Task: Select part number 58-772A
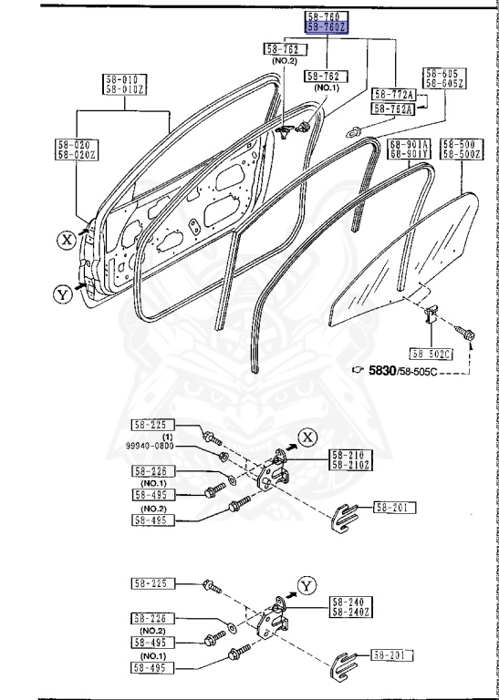click(x=394, y=94)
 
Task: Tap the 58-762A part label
click(x=394, y=109)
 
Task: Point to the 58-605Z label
click(x=445, y=83)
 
